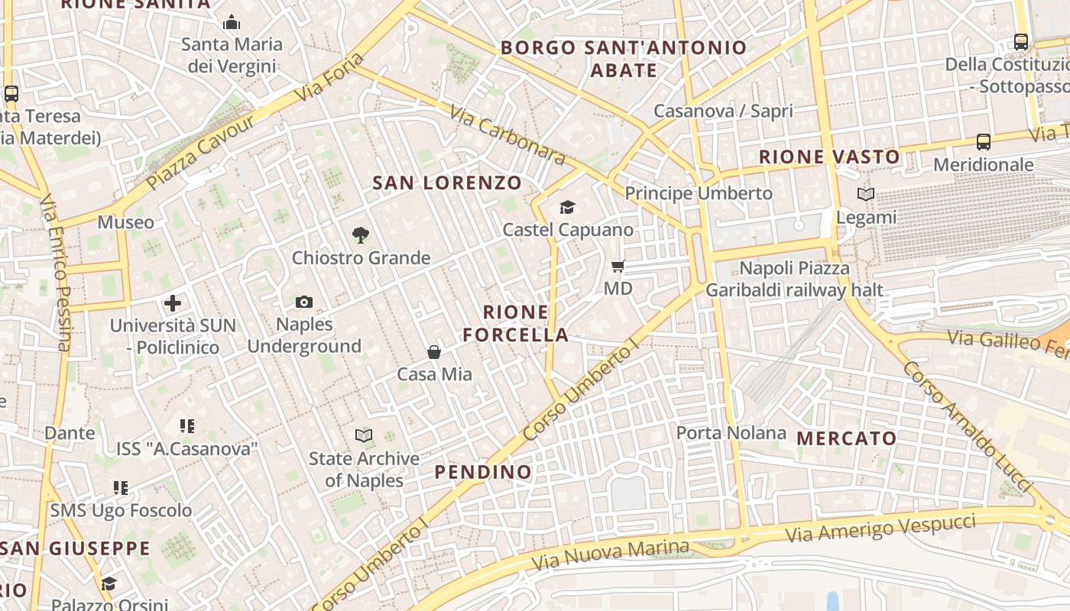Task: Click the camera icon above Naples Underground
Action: click(x=304, y=302)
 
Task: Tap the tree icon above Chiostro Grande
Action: click(x=361, y=235)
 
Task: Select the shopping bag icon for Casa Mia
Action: click(x=434, y=352)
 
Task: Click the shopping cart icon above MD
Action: click(x=618, y=267)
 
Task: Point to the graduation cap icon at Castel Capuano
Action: click(x=567, y=207)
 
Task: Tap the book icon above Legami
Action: click(x=866, y=195)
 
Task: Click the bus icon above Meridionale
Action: click(x=984, y=142)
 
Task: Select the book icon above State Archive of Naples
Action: click(x=365, y=436)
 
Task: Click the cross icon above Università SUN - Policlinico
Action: click(x=173, y=303)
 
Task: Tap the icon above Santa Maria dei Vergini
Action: click(x=232, y=22)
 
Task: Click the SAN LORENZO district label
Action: click(x=447, y=183)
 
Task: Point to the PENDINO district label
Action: click(x=483, y=472)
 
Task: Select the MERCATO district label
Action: click(x=847, y=438)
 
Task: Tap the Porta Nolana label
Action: click(x=731, y=433)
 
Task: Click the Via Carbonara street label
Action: click(x=507, y=134)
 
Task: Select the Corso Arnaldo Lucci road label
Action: click(x=966, y=426)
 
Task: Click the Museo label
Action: click(x=126, y=222)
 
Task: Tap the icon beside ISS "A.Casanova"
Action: click(x=187, y=426)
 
